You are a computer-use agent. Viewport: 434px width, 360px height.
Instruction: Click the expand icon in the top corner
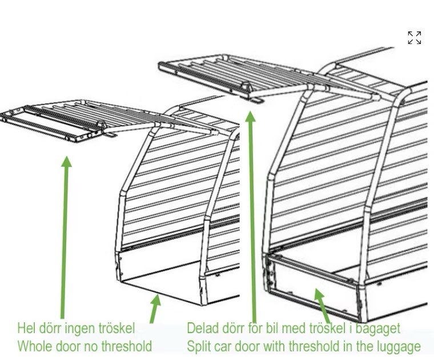point(415,38)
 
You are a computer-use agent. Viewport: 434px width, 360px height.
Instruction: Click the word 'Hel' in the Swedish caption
point(26,328)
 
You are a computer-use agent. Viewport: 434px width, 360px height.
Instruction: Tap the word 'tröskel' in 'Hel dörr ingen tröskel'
point(116,328)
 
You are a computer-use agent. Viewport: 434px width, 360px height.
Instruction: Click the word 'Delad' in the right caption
point(202,328)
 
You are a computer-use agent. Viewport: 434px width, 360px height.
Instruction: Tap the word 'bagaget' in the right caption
point(377,329)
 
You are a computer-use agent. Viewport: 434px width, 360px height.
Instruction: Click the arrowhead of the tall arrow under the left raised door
point(66,162)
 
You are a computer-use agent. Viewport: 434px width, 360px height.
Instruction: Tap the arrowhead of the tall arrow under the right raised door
point(251,117)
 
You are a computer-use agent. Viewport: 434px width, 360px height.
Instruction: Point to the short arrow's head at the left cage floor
point(156,300)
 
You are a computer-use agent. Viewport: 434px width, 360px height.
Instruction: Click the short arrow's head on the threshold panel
point(319,294)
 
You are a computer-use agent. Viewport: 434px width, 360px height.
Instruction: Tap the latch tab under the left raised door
point(110,135)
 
